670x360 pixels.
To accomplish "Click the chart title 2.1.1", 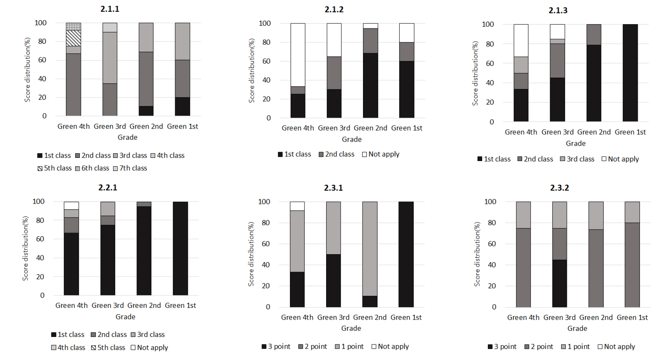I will click(x=110, y=9).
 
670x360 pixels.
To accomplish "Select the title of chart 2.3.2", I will click(x=559, y=188).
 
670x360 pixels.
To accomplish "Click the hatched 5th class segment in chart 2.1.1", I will click(x=73, y=38).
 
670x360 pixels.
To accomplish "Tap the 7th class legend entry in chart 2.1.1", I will click(x=130, y=168).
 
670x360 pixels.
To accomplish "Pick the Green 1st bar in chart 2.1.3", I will click(x=630, y=73).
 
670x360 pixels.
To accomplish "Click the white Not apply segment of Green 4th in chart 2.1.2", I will click(x=298, y=55).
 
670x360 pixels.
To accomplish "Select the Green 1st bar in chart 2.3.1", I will click(x=406, y=254).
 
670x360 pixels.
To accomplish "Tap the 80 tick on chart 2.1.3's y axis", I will click(x=490, y=44).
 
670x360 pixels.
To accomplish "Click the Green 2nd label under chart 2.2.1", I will click(x=144, y=305).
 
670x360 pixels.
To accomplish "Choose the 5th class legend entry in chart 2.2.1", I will click(x=108, y=348).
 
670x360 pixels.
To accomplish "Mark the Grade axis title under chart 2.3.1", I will click(x=351, y=328).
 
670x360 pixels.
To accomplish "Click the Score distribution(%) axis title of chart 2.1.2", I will click(x=252, y=71).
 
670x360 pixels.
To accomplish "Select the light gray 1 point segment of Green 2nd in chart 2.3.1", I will click(x=370, y=248).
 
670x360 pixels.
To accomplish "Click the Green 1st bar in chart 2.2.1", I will click(x=180, y=248).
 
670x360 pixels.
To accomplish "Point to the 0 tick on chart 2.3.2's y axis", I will click(x=494, y=307).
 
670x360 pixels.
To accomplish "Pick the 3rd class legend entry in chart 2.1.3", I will click(x=577, y=159).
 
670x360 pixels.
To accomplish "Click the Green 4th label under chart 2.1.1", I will click(x=73, y=127).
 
